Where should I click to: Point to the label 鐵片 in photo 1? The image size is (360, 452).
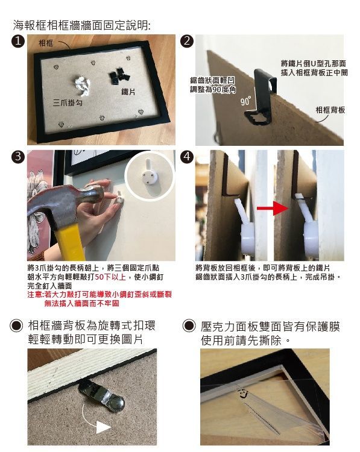(x=128, y=91)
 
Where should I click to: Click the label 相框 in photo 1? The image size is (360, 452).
(x=46, y=43)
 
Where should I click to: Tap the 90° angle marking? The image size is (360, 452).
(x=245, y=101)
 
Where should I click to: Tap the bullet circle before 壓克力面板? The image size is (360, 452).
(x=189, y=327)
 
